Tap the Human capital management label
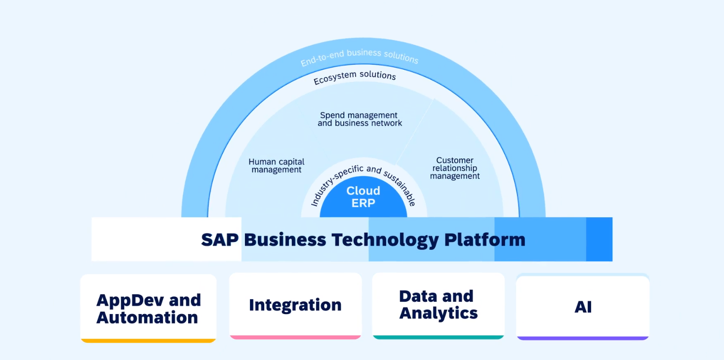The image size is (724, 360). (276, 166)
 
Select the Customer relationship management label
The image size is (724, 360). (455, 168)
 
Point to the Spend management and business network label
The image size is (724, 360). (360, 119)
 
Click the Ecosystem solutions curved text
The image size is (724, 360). (355, 78)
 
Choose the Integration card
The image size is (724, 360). (295, 305)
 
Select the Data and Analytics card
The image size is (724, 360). (438, 304)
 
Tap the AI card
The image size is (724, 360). (583, 307)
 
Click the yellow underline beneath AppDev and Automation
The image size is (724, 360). (148, 340)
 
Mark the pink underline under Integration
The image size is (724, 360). (295, 337)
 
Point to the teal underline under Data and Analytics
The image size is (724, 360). (438, 337)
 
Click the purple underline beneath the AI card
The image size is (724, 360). (583, 338)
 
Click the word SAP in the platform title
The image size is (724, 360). (220, 240)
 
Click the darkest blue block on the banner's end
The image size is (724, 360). (599, 239)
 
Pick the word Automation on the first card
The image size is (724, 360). (147, 317)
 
